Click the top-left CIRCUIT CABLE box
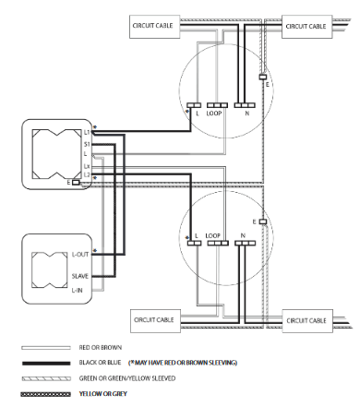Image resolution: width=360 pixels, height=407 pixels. tap(154, 27)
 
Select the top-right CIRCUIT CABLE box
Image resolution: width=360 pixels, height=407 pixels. tap(307, 27)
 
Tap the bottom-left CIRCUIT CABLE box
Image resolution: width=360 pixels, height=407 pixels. tap(155, 321)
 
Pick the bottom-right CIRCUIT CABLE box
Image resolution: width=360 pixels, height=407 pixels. tap(307, 321)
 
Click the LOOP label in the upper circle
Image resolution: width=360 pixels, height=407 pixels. tap(214, 114)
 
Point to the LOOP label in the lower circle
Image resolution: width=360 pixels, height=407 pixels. tap(213, 235)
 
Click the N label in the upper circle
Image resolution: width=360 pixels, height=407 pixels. tap(247, 114)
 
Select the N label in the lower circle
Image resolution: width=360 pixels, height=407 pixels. tap(243, 235)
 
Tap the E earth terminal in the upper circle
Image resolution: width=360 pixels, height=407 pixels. tap(262, 77)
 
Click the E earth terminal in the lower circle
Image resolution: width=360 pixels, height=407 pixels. tap(263, 221)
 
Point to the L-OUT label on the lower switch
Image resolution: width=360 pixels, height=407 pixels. tap(80, 255)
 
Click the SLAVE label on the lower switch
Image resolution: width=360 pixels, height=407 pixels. tap(80, 276)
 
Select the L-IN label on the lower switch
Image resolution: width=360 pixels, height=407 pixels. tap(77, 290)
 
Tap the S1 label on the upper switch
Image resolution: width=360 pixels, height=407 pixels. tap(87, 144)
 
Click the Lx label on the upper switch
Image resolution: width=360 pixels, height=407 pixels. tap(87, 166)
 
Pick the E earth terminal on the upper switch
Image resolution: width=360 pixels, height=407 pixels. tap(76, 183)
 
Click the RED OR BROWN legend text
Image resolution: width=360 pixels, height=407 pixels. tap(101, 348)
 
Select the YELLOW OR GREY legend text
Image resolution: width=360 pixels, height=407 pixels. tap(103, 394)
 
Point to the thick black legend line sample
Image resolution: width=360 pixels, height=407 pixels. tap(46, 364)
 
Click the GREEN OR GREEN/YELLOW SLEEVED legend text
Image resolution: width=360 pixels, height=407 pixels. tap(127, 378)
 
